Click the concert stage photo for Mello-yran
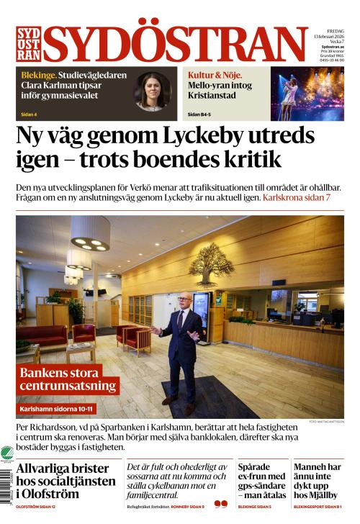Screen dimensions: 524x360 click(x=307, y=93)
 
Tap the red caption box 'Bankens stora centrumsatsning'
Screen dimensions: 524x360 click(x=68, y=379)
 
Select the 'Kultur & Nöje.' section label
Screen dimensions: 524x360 click(x=215, y=75)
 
